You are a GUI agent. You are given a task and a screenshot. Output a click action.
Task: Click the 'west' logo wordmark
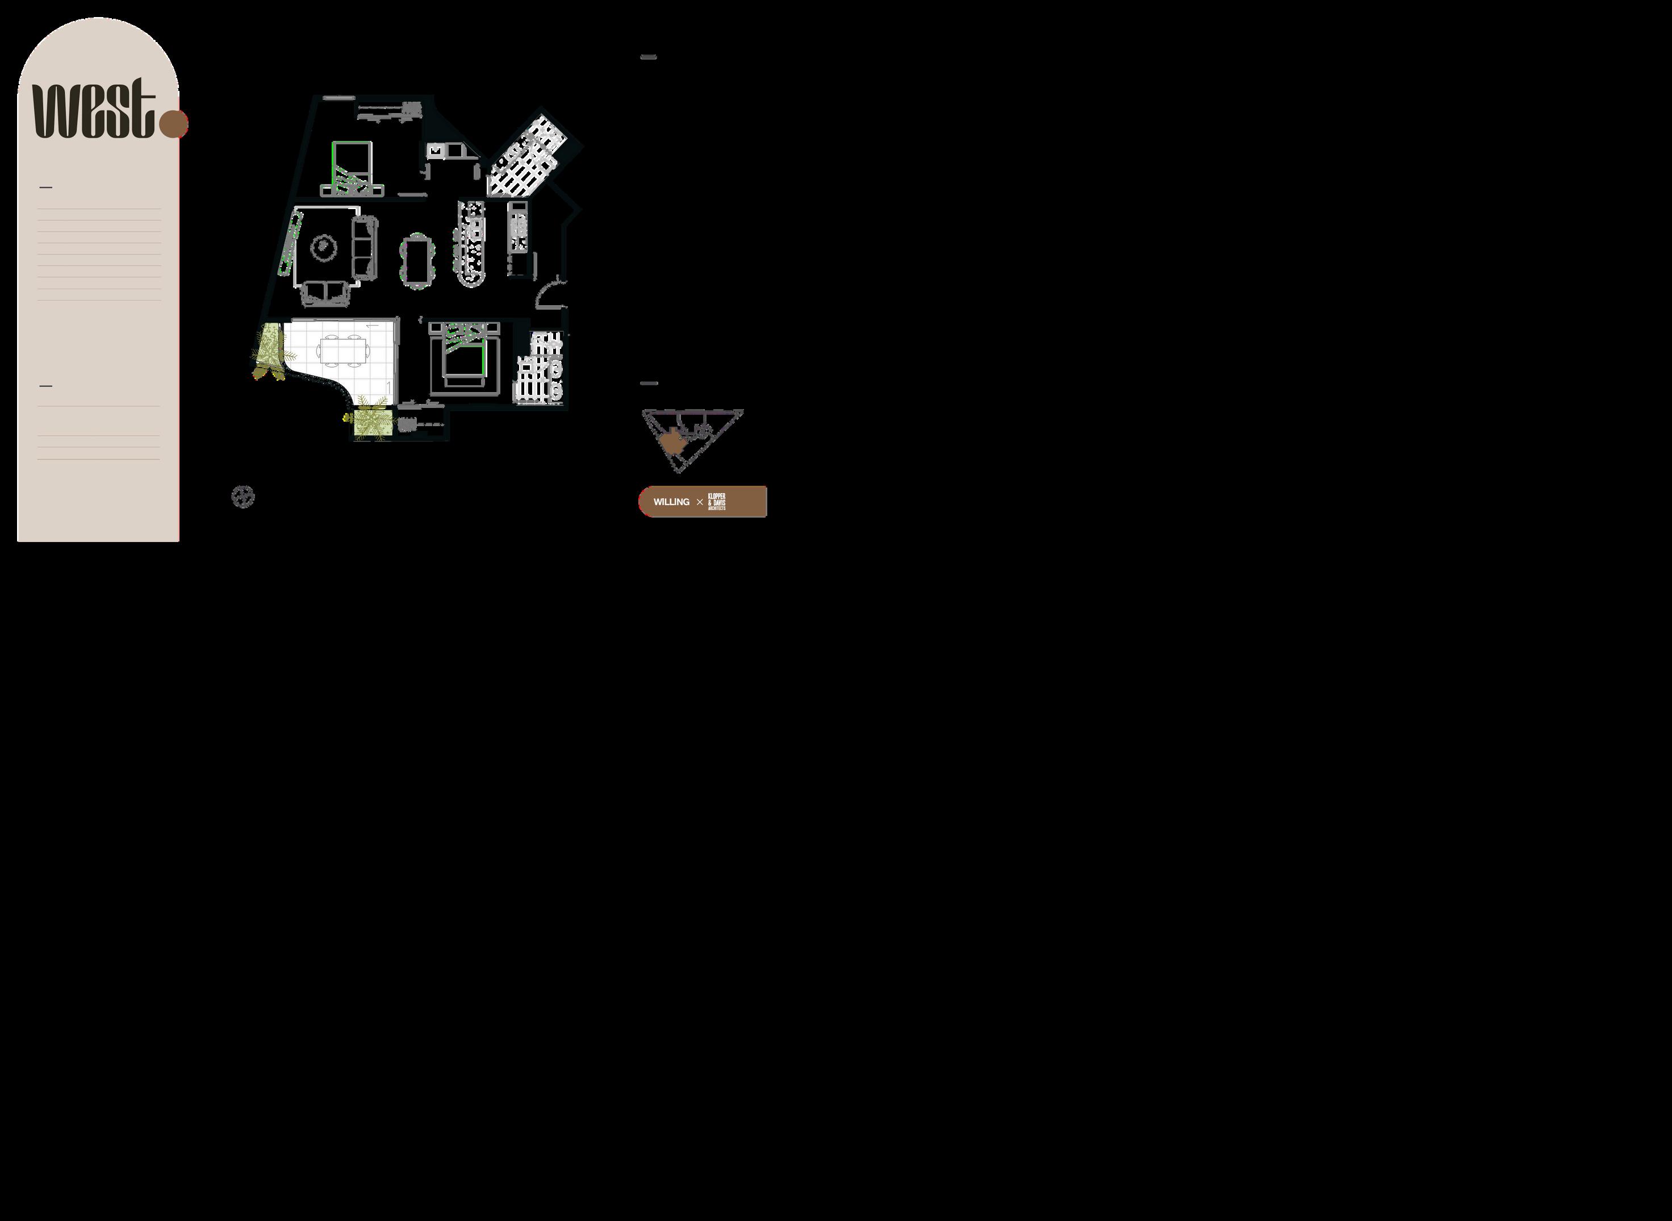(93, 110)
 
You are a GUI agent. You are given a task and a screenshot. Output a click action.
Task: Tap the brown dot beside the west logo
(174, 124)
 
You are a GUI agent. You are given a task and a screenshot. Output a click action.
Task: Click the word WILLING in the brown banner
(671, 502)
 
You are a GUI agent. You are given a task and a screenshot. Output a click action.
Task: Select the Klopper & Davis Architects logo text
(717, 501)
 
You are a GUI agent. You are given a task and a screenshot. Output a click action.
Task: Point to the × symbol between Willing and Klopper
(700, 502)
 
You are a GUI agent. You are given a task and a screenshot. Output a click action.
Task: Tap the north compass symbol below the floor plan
(243, 497)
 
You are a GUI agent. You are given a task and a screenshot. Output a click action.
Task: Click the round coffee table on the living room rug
(324, 247)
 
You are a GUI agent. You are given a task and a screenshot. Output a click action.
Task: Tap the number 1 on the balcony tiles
(388, 386)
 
